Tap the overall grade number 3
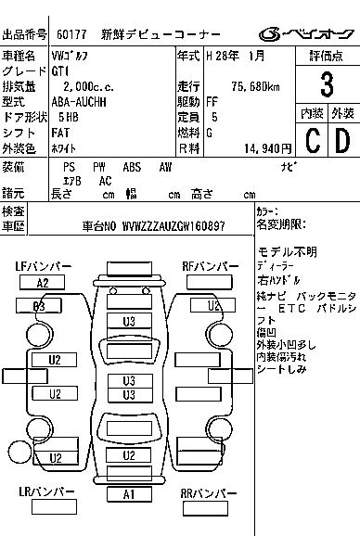pyautogui.click(x=326, y=85)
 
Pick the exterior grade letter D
pyautogui.click(x=342, y=141)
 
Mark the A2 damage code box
pyautogui.click(x=43, y=283)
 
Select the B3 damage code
pyautogui.click(x=39, y=305)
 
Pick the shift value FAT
pyautogui.click(x=63, y=132)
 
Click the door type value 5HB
pyautogui.click(x=68, y=117)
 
